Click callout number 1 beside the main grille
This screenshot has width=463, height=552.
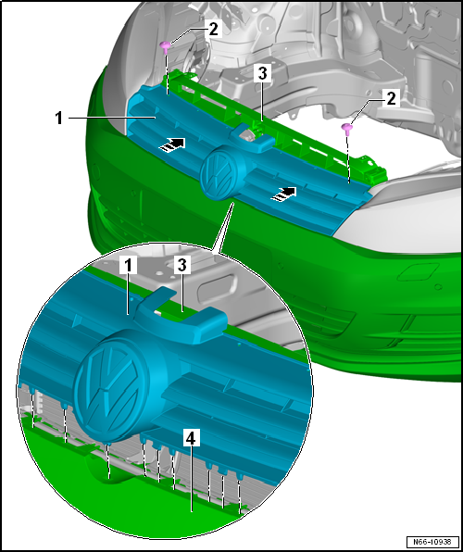58,119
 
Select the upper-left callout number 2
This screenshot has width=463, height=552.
214,30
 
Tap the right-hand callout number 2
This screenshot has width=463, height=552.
391,98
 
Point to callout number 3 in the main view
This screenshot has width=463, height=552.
263,74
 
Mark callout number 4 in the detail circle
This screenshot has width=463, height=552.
191,439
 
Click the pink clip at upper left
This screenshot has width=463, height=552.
165,46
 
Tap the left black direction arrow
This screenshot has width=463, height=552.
172,144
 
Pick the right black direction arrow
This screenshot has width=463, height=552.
283,194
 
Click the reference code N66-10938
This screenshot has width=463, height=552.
432,541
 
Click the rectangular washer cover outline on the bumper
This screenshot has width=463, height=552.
418,271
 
